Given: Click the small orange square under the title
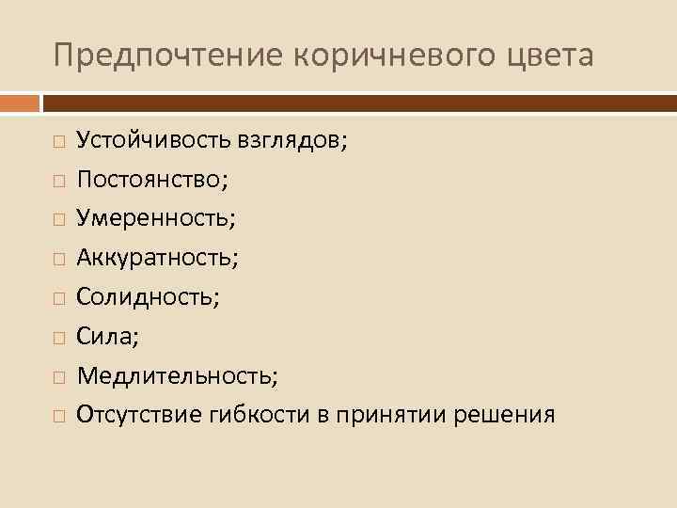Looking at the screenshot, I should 20,102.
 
